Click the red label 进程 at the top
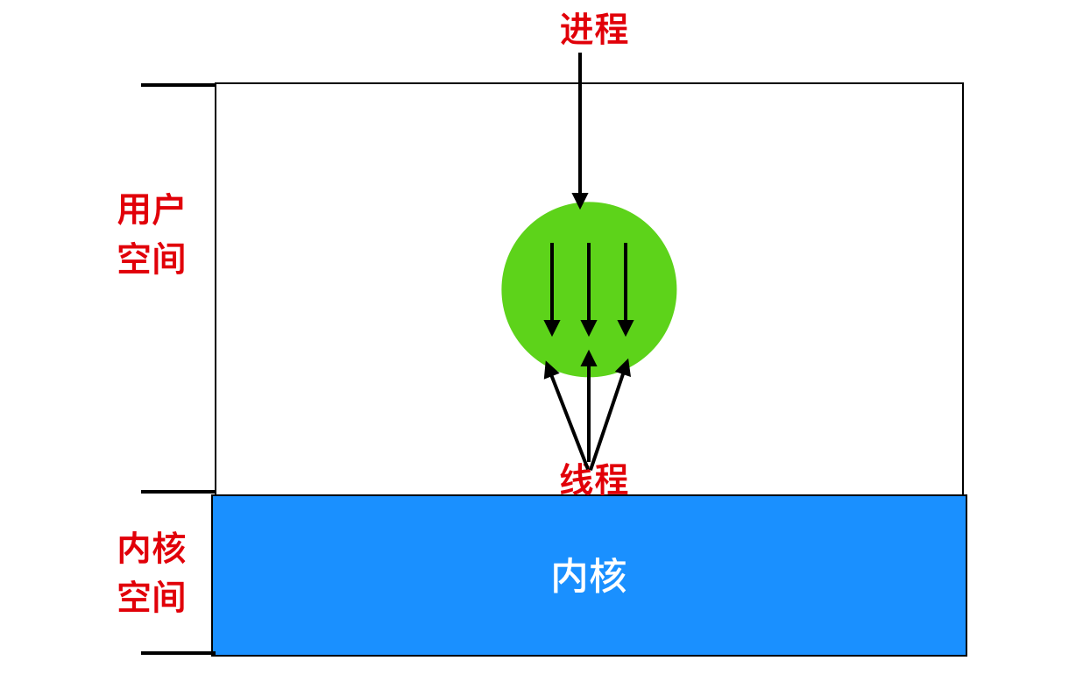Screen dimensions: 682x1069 tap(593, 29)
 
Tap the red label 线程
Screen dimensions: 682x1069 tap(593, 480)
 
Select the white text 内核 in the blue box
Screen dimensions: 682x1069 tap(589, 576)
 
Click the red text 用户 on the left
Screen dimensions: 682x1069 tap(151, 210)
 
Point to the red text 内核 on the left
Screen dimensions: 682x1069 tap(151, 549)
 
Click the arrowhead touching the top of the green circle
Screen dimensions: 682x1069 tap(580, 201)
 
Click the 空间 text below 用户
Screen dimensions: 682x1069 tap(151, 259)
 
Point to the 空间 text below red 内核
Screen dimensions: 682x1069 tap(151, 598)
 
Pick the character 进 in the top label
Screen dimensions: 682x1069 tap(577, 29)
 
